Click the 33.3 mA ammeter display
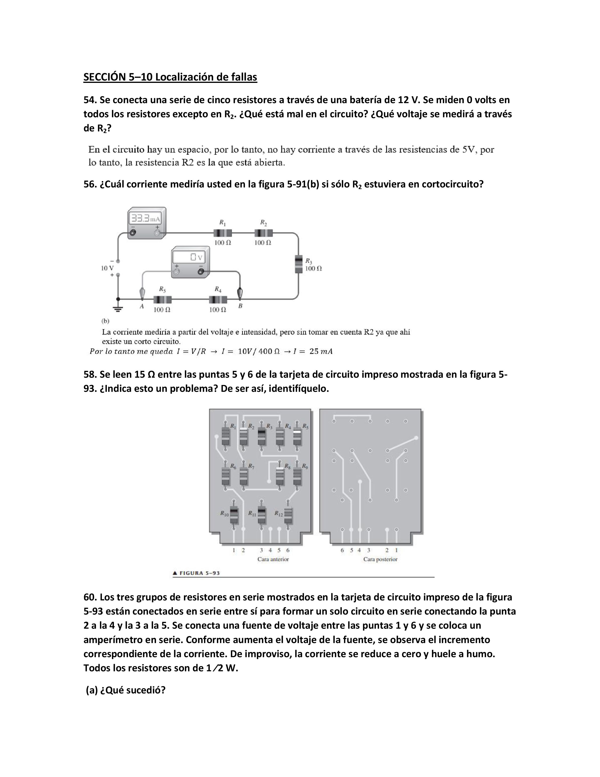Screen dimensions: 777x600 146,218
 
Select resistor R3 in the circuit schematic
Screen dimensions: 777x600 299,264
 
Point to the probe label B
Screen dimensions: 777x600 240,306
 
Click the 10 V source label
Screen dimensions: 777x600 107,268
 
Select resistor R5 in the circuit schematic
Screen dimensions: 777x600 162,299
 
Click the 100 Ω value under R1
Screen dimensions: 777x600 223,243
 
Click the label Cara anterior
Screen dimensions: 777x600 273,559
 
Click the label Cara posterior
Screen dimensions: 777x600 380,559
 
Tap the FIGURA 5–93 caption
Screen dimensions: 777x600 196,573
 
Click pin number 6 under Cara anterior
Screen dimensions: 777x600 288,550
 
